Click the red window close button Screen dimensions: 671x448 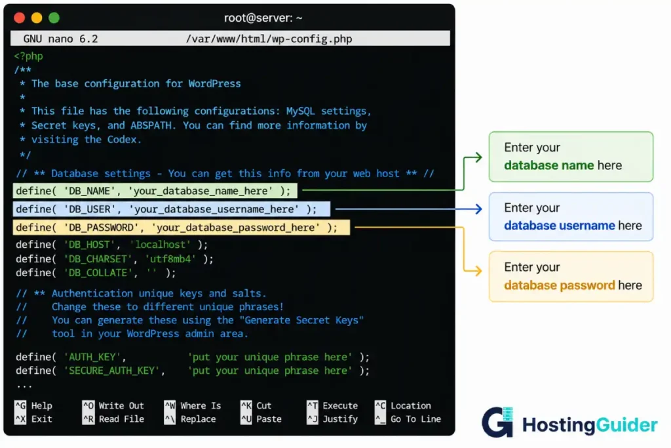19,18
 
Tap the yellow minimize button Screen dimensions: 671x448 37,18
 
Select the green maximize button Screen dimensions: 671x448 54,18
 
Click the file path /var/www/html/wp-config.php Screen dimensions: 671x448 269,39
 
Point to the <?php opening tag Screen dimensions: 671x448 29,56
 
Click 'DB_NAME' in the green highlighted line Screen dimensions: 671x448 90,191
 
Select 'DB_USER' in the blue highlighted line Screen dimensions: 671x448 90,209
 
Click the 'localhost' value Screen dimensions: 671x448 161,245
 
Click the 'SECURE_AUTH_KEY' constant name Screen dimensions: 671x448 112,371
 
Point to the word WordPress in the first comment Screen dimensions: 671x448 214,83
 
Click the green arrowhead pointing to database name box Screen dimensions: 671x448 478,157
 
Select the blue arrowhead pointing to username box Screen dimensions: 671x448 478,209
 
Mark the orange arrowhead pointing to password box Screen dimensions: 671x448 478,271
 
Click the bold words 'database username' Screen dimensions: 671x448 560,226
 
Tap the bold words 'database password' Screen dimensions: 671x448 560,285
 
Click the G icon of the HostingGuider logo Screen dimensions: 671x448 497,422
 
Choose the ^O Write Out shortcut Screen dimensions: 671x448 113,405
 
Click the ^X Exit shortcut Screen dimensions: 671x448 33,419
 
